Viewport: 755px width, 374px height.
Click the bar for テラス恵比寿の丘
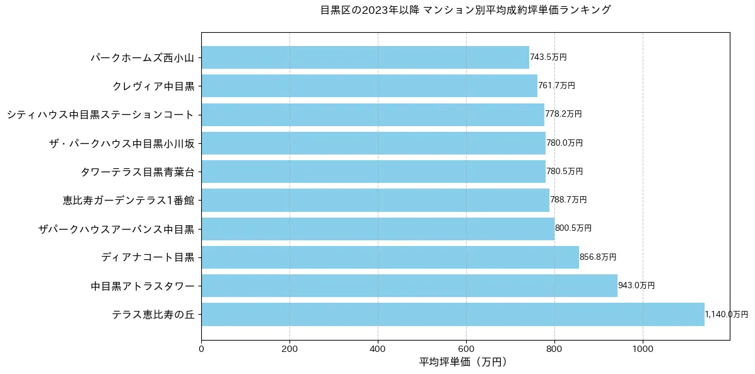[452, 314]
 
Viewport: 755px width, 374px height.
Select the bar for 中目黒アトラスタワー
[409, 286]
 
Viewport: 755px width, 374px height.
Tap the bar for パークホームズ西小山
[365, 57]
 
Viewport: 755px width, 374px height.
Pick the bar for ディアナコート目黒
[390, 257]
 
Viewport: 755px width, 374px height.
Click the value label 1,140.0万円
[726, 314]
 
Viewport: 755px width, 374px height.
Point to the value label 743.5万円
[548, 57]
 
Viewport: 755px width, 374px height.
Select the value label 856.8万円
[598, 257]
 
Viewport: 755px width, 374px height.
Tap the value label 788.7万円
[568, 200]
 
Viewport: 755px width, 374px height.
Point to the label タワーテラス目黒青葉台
[138, 172]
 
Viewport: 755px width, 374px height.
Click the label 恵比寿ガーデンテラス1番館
[129, 201]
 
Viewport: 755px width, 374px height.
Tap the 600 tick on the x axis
[466, 347]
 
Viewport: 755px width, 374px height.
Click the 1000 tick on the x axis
[643, 347]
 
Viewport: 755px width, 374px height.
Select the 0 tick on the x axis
[201, 347]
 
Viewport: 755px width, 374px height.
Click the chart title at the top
[465, 10]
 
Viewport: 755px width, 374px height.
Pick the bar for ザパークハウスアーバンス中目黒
[378, 228]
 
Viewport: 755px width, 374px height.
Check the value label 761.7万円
[556, 86]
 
